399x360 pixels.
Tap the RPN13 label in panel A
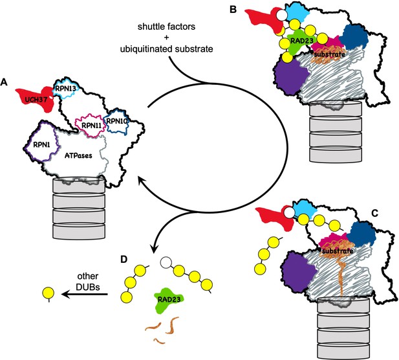click(x=64, y=89)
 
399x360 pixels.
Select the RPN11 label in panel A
click(x=91, y=126)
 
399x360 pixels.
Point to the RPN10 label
click(x=117, y=121)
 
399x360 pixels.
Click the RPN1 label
click(x=42, y=145)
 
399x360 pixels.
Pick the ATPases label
click(x=78, y=155)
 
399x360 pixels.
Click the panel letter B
click(x=233, y=10)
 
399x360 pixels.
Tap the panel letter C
click(x=374, y=213)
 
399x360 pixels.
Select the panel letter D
click(x=124, y=260)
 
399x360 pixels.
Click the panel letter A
click(x=4, y=82)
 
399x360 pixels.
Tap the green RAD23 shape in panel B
click(x=300, y=41)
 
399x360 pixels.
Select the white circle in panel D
click(x=166, y=262)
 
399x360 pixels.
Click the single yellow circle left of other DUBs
click(x=49, y=293)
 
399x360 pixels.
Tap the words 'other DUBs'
click(x=87, y=282)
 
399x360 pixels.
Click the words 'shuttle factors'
click(x=166, y=27)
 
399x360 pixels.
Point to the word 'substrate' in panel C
click(x=338, y=251)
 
